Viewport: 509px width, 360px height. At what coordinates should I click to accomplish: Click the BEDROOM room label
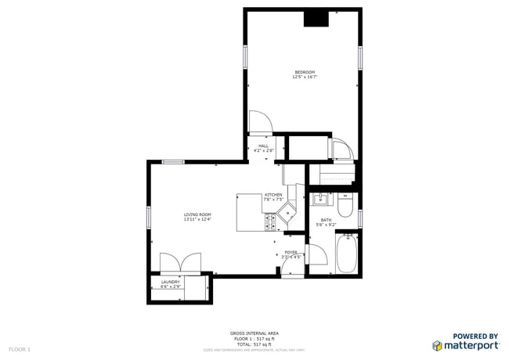click(305, 72)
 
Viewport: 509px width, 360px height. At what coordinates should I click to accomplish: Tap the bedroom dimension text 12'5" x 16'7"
click(305, 77)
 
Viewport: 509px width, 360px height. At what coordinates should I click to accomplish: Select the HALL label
click(264, 146)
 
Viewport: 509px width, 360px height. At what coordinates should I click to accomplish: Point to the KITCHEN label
click(273, 195)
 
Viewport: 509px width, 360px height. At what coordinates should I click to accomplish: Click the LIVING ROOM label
click(197, 214)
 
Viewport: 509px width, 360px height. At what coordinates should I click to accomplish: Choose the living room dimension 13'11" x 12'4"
click(197, 220)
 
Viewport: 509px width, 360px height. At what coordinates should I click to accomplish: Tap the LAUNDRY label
click(170, 282)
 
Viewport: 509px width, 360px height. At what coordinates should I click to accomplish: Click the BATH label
click(326, 220)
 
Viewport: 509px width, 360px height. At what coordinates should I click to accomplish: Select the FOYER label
click(291, 252)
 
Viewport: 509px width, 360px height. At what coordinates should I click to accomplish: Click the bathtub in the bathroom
click(346, 254)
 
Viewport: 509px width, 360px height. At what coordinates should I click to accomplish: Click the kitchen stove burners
click(273, 224)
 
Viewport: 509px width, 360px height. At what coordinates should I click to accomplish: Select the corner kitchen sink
click(289, 211)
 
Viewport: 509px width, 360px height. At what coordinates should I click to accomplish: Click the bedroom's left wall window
click(245, 56)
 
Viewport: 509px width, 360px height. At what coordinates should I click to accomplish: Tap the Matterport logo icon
click(437, 345)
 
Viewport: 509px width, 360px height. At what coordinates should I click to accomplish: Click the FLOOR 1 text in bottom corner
click(20, 348)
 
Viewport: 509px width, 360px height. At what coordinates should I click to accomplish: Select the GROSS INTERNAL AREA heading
click(254, 333)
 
